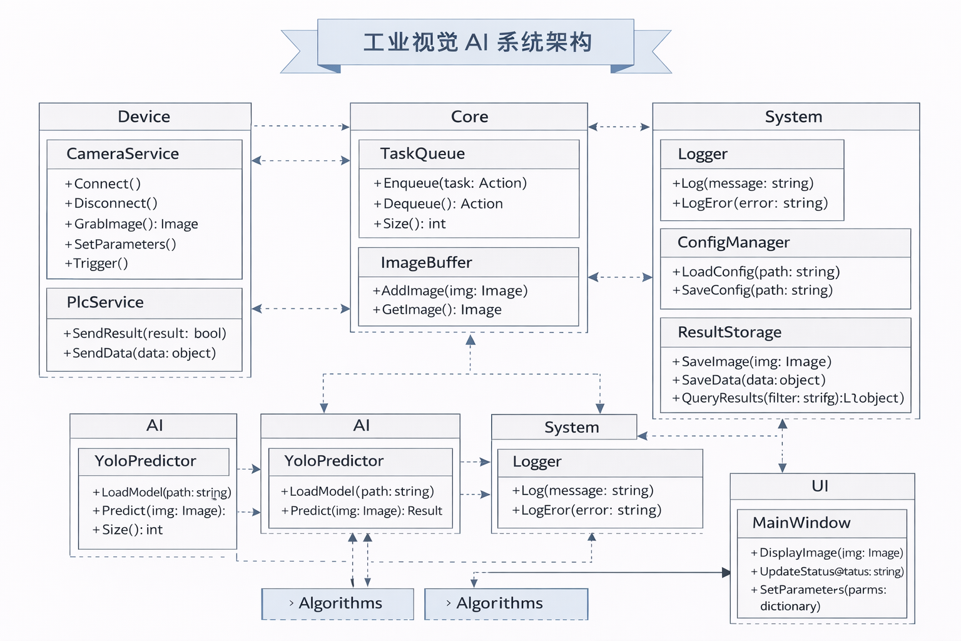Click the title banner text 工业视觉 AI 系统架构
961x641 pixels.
(x=477, y=43)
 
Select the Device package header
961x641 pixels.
(x=144, y=117)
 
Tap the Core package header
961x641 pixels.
(x=469, y=117)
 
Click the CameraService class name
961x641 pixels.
(x=123, y=154)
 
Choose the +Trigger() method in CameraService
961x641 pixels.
(x=97, y=264)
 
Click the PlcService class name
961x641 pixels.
(x=105, y=302)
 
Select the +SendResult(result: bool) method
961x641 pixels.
(x=145, y=334)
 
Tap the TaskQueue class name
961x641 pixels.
(x=422, y=154)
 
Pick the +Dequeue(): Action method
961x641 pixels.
(x=438, y=204)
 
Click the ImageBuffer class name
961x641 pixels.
(x=426, y=263)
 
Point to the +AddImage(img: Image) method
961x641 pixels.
(x=450, y=291)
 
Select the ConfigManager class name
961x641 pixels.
(x=733, y=243)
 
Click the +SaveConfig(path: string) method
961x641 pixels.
(x=753, y=290)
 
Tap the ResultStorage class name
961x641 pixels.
(x=730, y=332)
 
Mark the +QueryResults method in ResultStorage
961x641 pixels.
(x=788, y=398)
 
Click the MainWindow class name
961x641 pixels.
(x=801, y=523)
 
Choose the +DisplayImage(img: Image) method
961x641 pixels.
(x=827, y=553)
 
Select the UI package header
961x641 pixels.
(x=820, y=486)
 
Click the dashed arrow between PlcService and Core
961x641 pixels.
(x=300, y=309)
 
